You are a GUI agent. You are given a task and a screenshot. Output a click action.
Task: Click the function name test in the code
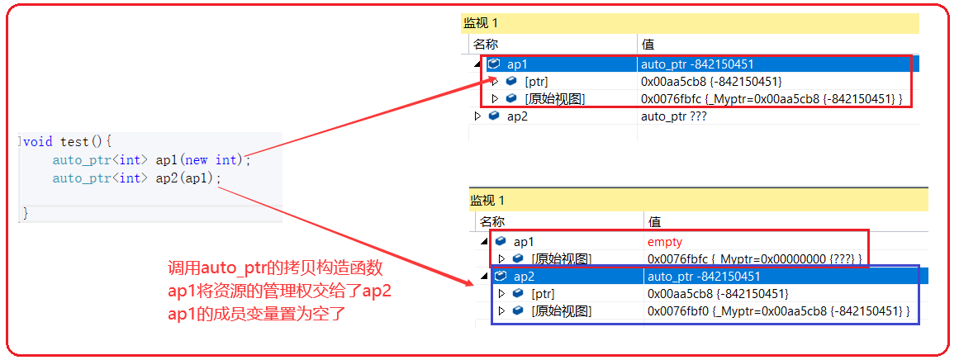75,141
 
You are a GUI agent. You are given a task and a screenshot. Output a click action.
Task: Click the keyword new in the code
197,159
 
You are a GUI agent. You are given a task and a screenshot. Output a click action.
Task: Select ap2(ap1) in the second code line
189,178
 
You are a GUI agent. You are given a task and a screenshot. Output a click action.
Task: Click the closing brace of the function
26,214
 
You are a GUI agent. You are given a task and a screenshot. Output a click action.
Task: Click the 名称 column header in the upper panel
485,44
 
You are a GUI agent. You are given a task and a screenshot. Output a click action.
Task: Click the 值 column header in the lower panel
655,221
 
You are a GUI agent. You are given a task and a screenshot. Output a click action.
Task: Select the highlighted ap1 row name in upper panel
517,64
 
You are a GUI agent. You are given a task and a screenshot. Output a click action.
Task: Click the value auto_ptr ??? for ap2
673,116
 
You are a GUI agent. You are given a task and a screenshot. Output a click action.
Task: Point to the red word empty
665,241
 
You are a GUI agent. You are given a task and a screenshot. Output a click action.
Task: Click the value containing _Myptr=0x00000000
754,259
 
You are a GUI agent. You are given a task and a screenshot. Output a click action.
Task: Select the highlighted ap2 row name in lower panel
524,277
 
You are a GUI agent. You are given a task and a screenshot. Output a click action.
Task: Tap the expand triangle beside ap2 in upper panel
477,116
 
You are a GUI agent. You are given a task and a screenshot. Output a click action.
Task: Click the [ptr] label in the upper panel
536,81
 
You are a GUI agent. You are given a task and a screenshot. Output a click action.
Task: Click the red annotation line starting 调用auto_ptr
275,268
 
